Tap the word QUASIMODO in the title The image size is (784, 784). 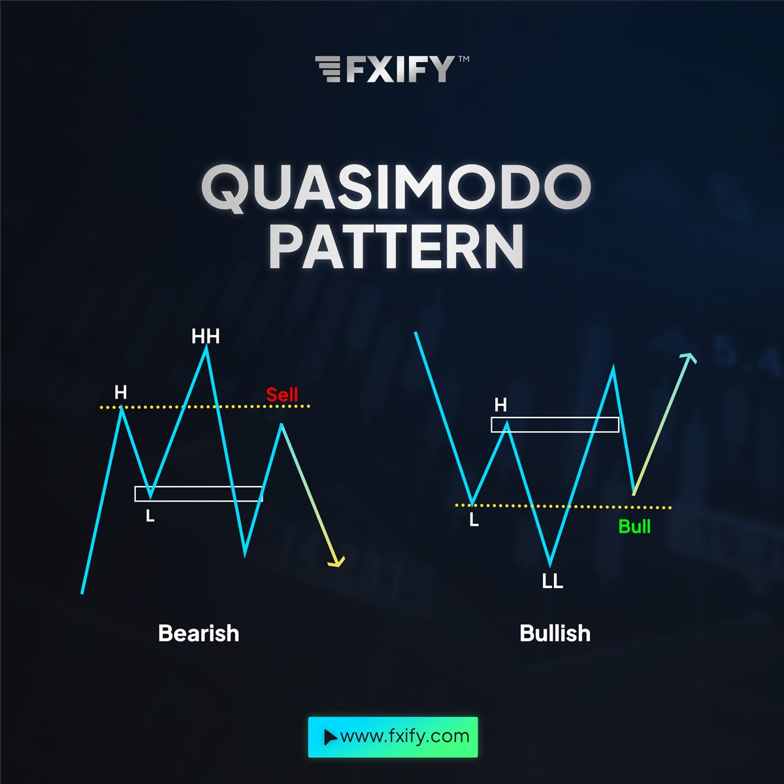click(x=395, y=189)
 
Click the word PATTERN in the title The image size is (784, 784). click(x=396, y=247)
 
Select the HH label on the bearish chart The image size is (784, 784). click(x=205, y=336)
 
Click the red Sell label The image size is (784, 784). click(x=282, y=395)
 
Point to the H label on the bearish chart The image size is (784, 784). click(x=121, y=393)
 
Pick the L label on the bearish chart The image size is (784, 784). click(x=150, y=516)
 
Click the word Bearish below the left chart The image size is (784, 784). click(x=199, y=633)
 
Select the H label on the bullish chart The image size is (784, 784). click(x=500, y=405)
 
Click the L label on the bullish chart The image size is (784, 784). click(x=474, y=520)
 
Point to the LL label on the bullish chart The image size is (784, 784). click(x=552, y=581)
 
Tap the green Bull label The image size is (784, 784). click(x=634, y=527)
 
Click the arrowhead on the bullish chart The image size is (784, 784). click(x=688, y=358)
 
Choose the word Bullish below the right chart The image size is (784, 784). click(x=555, y=633)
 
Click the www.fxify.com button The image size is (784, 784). click(x=393, y=737)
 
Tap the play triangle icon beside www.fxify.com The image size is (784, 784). click(x=330, y=738)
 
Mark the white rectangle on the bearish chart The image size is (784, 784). click(x=199, y=494)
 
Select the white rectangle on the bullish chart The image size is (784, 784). click(x=555, y=425)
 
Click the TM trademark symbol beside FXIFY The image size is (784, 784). click(x=463, y=59)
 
